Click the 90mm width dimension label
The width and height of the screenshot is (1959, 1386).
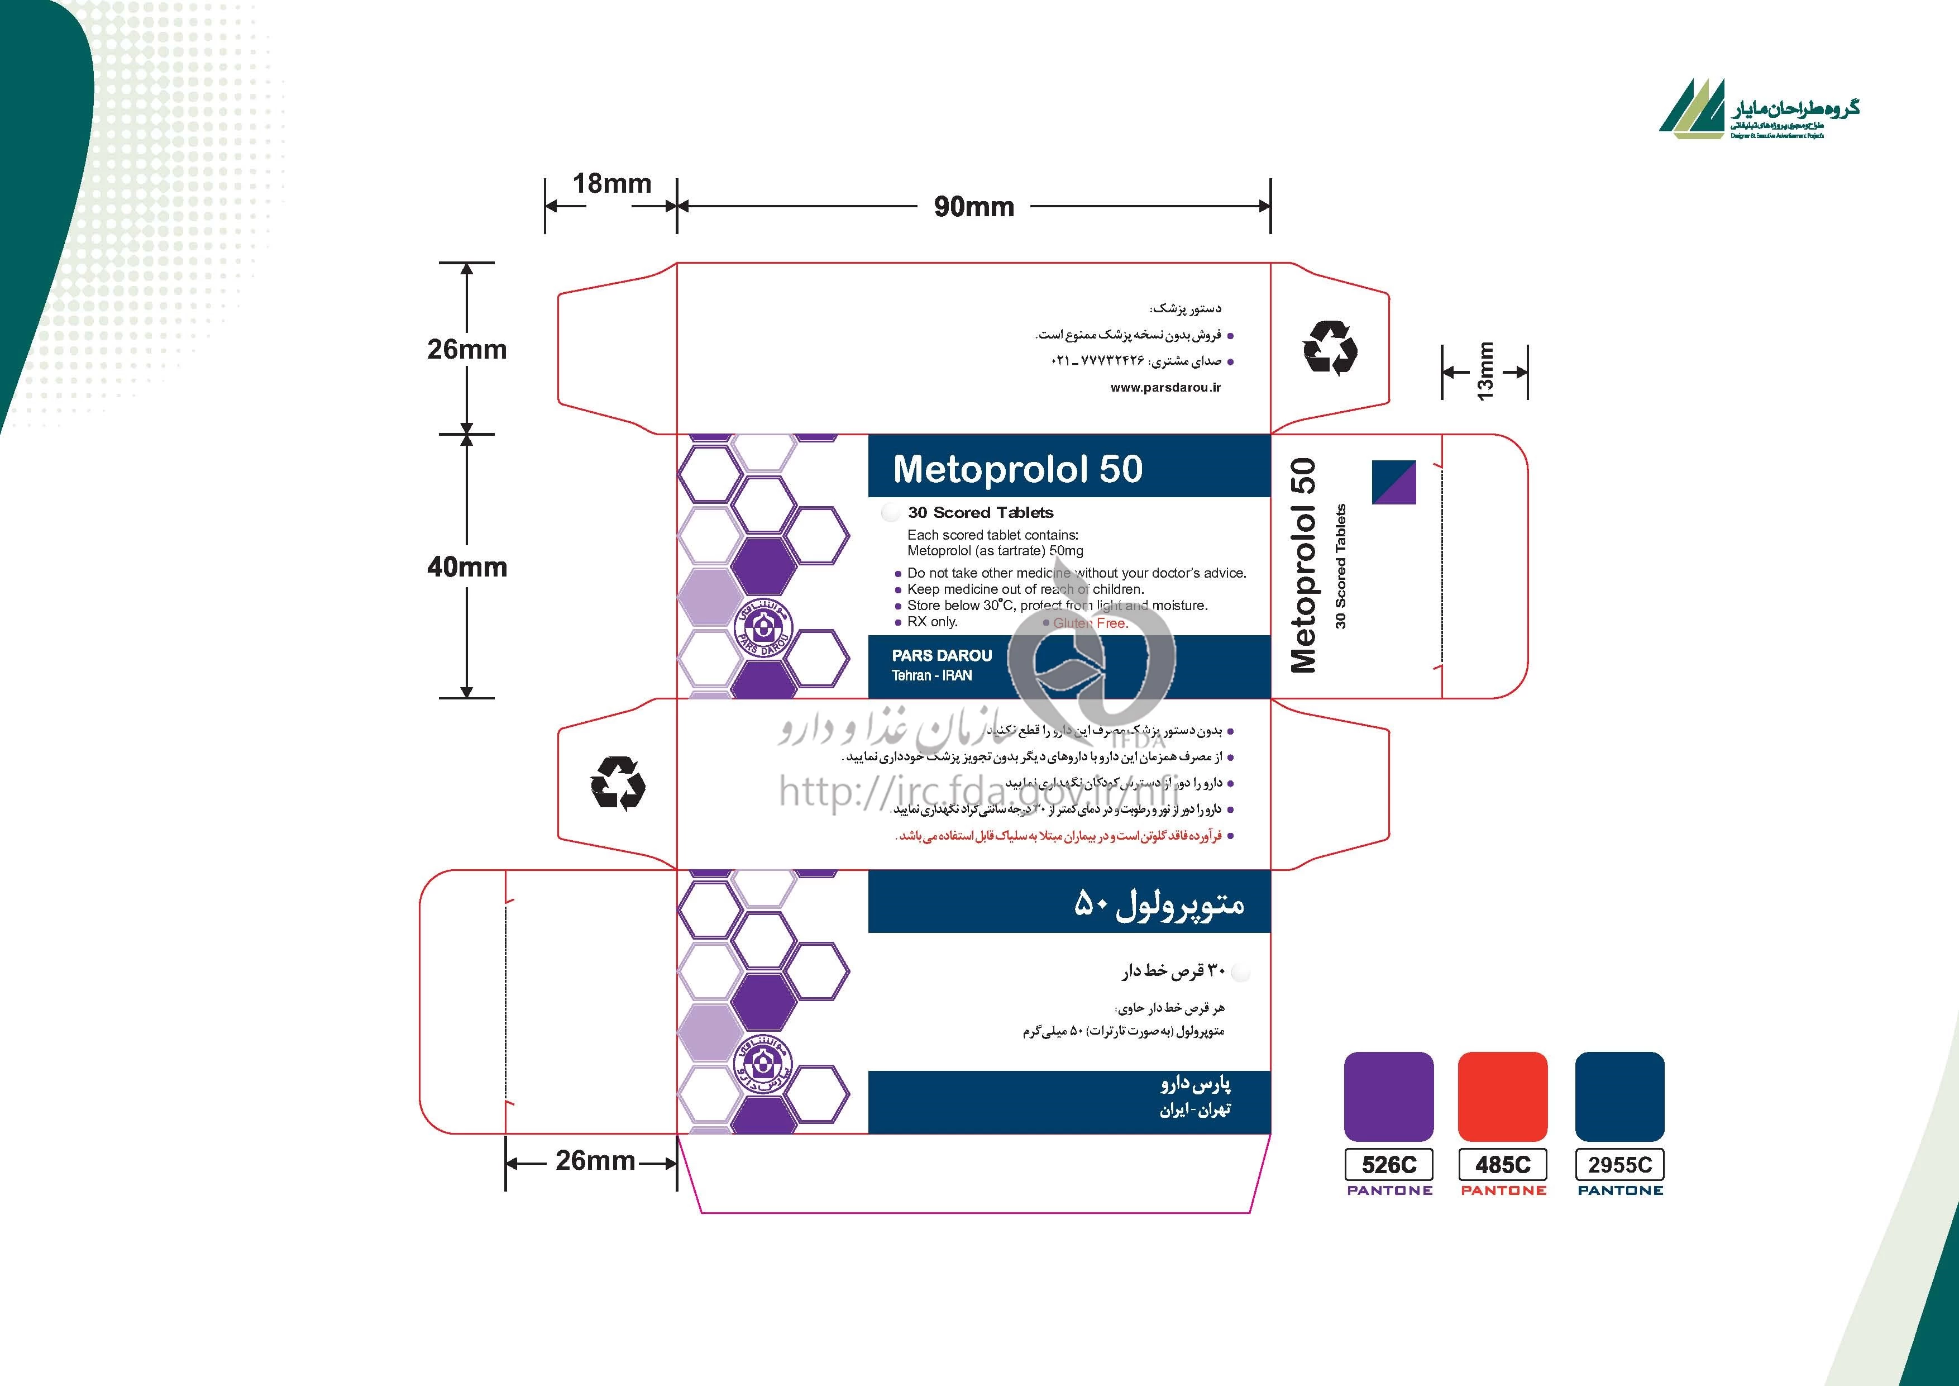click(x=973, y=207)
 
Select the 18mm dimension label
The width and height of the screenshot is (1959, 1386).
click(x=611, y=183)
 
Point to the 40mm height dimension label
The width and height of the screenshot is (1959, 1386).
click(x=467, y=566)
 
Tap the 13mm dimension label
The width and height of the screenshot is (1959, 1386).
click(x=1485, y=371)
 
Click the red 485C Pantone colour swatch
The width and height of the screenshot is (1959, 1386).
click(x=1503, y=1096)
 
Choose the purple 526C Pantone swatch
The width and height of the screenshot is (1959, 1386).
click(x=1388, y=1096)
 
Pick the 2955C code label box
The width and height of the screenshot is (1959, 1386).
click(x=1619, y=1165)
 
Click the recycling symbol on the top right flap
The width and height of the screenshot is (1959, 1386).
click(x=1330, y=347)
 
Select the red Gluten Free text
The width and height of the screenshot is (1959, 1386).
click(x=1091, y=623)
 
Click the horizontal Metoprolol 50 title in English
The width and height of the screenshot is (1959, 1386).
click(x=1017, y=469)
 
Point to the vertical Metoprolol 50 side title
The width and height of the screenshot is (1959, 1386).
click(x=1303, y=565)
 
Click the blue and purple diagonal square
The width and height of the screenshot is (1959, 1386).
click(x=1393, y=482)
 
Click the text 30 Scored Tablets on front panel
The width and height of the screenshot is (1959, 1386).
click(x=981, y=513)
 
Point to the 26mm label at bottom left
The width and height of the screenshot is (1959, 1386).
click(x=595, y=1161)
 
